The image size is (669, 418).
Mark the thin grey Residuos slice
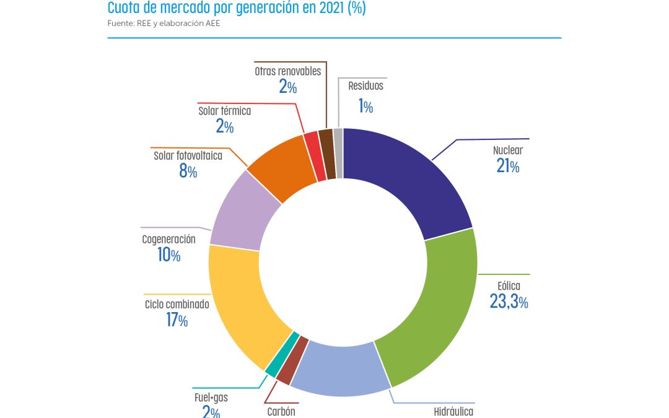(338, 153)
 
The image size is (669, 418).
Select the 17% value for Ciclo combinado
(177, 320)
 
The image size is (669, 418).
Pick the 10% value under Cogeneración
(168, 255)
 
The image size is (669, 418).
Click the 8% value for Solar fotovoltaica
(188, 172)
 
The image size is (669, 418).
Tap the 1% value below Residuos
(365, 107)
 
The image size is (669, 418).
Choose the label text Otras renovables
(287, 71)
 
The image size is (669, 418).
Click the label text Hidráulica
(453, 412)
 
